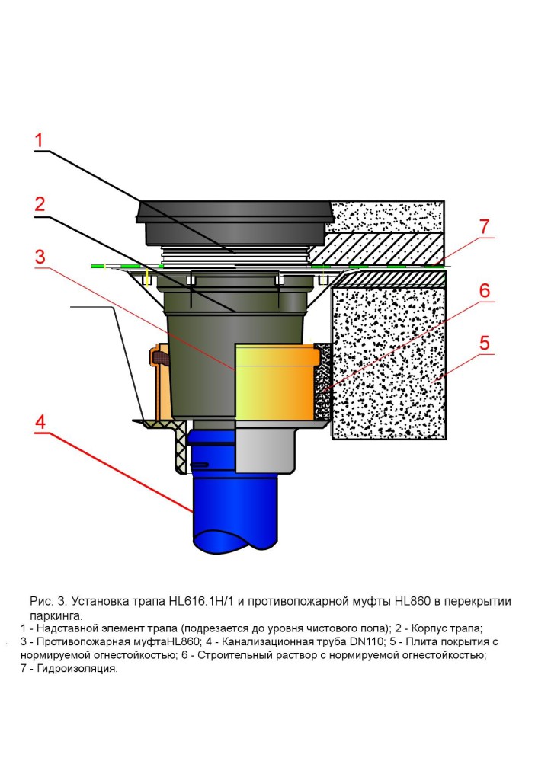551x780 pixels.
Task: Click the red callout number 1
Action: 40,140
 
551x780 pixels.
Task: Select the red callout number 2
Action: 40,204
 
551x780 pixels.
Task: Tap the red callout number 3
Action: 40,256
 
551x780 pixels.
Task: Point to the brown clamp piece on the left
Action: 161,355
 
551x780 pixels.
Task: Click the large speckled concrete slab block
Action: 389,358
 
